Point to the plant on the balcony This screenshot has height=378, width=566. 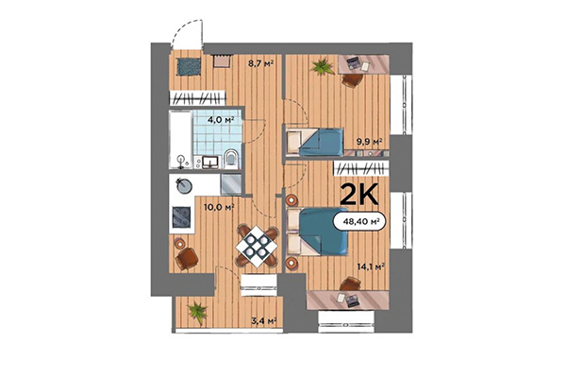197,309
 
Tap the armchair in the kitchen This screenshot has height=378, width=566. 188,254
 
